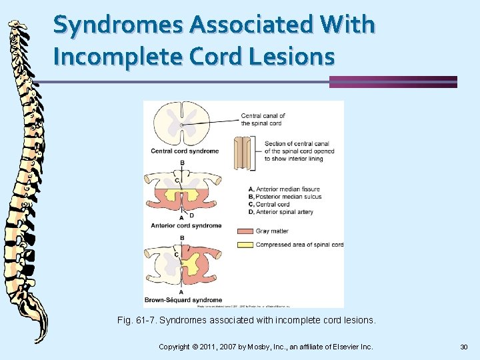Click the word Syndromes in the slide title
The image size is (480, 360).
[117, 25]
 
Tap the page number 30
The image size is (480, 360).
[464, 347]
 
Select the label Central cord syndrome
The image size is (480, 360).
[185, 151]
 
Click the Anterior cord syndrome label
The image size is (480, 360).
[186, 225]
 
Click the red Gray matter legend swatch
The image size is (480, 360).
[245, 231]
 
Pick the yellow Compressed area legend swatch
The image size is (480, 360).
[245, 245]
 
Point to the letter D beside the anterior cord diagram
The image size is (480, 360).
[191, 215]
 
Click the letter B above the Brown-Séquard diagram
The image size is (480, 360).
[181, 238]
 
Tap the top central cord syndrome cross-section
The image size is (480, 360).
[182, 124]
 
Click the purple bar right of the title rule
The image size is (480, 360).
[393, 82]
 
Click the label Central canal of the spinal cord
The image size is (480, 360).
[263, 119]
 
